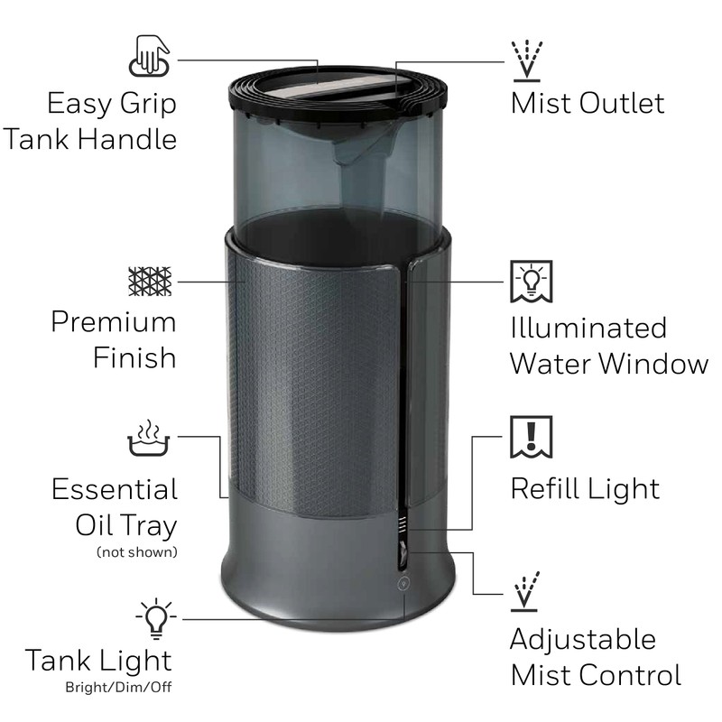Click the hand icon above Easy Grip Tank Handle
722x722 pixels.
coord(152,55)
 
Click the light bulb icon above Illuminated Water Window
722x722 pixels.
coord(532,282)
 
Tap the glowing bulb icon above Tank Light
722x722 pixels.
coord(155,618)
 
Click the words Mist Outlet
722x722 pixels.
coord(587,102)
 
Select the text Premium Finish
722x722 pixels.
coord(113,339)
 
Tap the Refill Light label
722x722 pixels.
coord(585,488)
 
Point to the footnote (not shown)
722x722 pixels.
coord(136,551)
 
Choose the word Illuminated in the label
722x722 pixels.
coord(588,327)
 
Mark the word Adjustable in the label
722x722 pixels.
coord(582,639)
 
